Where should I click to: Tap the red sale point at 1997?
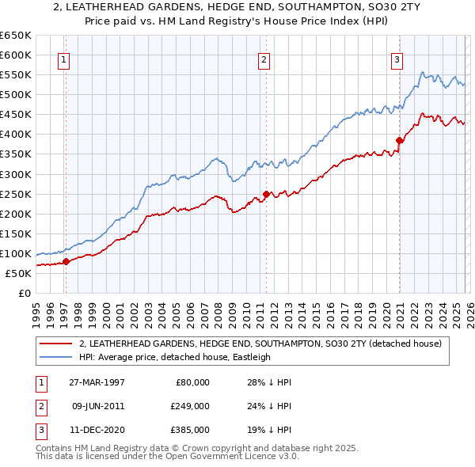coord(66,262)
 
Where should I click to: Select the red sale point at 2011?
coord(266,194)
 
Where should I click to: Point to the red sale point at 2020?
coord(400,140)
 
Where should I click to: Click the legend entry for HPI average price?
coord(175,357)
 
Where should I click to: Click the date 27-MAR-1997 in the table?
coord(97,382)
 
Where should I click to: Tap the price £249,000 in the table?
coord(189,405)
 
